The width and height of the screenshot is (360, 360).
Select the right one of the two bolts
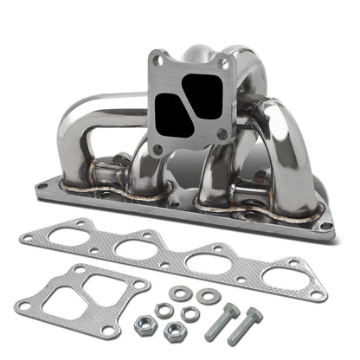pos(251,329)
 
